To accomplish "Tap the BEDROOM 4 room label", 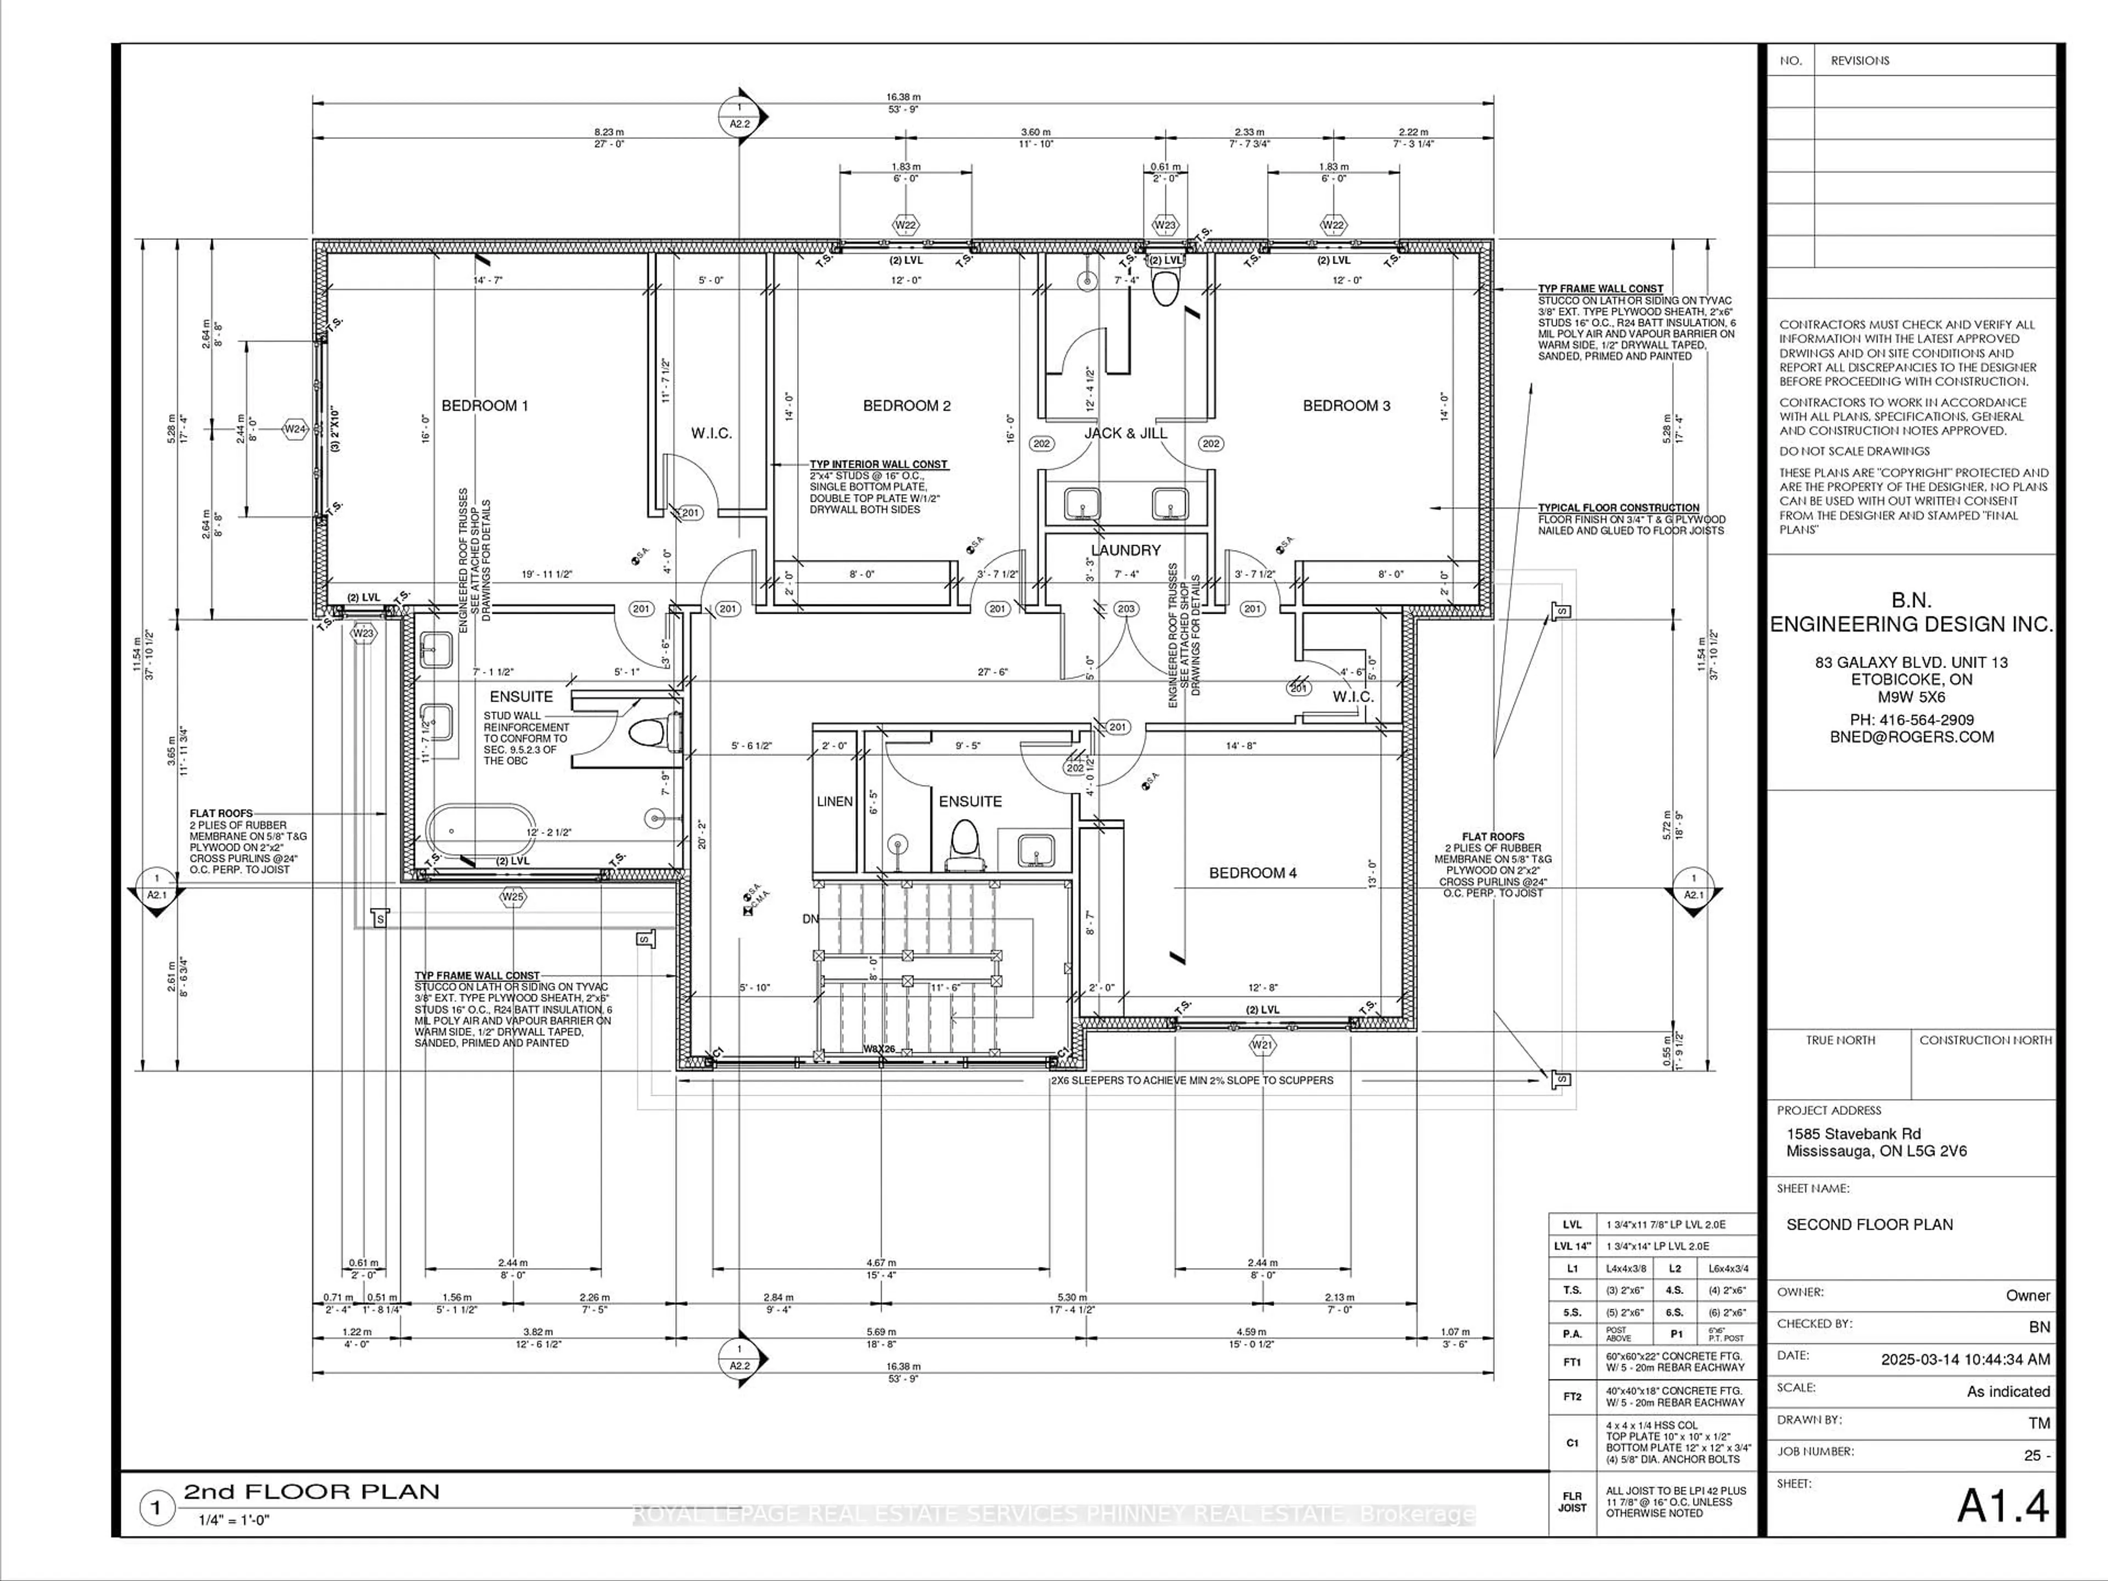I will (1252, 873).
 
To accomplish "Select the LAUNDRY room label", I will (1125, 550).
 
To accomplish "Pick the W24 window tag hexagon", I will (295, 429).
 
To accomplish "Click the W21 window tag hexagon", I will (1262, 1045).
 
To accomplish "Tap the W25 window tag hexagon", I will (513, 897).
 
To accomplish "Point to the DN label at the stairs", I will (810, 918).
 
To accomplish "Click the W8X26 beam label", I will (879, 1049).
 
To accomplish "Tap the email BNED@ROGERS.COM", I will (1911, 737).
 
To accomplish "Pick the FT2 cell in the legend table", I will (1572, 1397).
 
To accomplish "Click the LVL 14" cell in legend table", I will (1572, 1246).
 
